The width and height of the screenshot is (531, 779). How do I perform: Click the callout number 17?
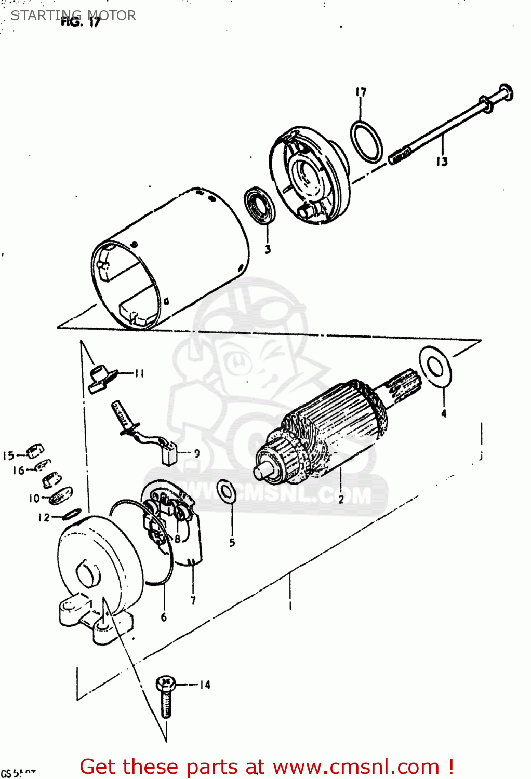click(x=361, y=92)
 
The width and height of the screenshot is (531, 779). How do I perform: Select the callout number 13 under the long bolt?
click(x=442, y=162)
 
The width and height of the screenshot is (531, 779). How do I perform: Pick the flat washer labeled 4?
click(x=435, y=367)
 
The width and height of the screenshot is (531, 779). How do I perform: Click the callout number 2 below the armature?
click(x=341, y=500)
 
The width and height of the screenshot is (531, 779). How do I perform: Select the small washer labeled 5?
click(x=226, y=491)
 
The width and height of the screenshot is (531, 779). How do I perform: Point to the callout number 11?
click(x=139, y=373)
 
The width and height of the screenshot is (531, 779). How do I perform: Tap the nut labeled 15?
click(x=35, y=450)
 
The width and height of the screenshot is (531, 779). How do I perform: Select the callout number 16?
click(x=18, y=471)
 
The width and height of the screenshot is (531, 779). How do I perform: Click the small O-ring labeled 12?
click(x=71, y=514)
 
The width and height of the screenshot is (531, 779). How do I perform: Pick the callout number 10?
click(x=34, y=499)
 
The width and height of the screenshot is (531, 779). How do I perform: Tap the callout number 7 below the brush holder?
click(x=193, y=600)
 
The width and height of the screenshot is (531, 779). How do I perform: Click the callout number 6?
click(x=164, y=617)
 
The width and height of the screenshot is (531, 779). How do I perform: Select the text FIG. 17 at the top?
click(x=80, y=22)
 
